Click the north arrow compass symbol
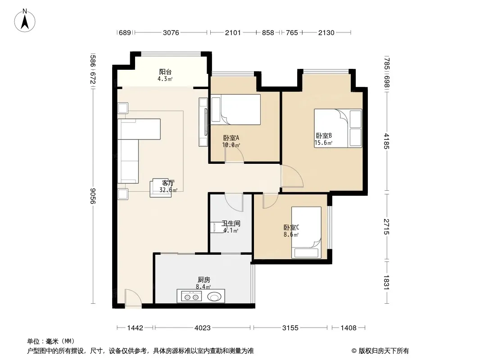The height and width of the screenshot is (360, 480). pyautogui.click(x=25, y=21)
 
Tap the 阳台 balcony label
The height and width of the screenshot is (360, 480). pyautogui.click(x=165, y=72)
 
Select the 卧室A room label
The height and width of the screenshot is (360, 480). pyautogui.click(x=231, y=138)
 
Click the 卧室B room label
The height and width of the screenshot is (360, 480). pyautogui.click(x=324, y=135)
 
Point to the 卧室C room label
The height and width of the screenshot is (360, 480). pyautogui.click(x=291, y=228)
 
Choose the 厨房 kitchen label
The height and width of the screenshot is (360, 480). pyautogui.click(x=204, y=279)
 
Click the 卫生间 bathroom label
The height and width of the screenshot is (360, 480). pyautogui.click(x=231, y=224)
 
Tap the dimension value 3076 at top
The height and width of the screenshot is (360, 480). pyautogui.click(x=171, y=32)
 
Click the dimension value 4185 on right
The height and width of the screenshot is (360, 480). pyautogui.click(x=386, y=141)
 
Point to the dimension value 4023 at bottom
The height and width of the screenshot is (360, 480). pyautogui.click(x=202, y=328)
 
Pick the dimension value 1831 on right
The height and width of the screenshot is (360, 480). pyautogui.click(x=386, y=282)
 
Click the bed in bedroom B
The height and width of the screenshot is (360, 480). pyautogui.click(x=338, y=128)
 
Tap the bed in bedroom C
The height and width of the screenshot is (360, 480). pyautogui.click(x=306, y=233)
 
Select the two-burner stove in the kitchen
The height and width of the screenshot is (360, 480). pyautogui.click(x=192, y=297)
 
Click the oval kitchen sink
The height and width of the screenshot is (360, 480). pyautogui.click(x=214, y=297)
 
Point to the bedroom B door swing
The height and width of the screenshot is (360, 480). pyautogui.click(x=292, y=176)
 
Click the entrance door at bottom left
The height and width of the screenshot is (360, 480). pyautogui.click(x=133, y=298)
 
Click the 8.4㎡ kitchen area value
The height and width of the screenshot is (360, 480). pyautogui.click(x=204, y=287)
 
